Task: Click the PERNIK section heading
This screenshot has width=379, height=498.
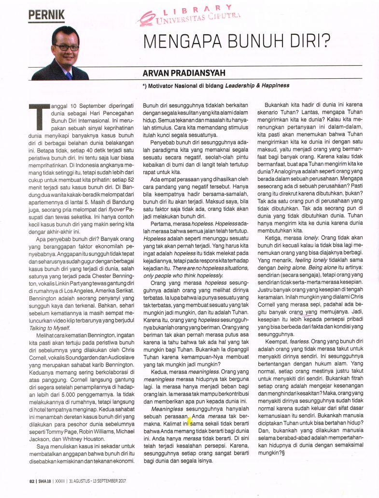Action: (x=46, y=15)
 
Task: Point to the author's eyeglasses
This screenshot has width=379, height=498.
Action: (x=66, y=47)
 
